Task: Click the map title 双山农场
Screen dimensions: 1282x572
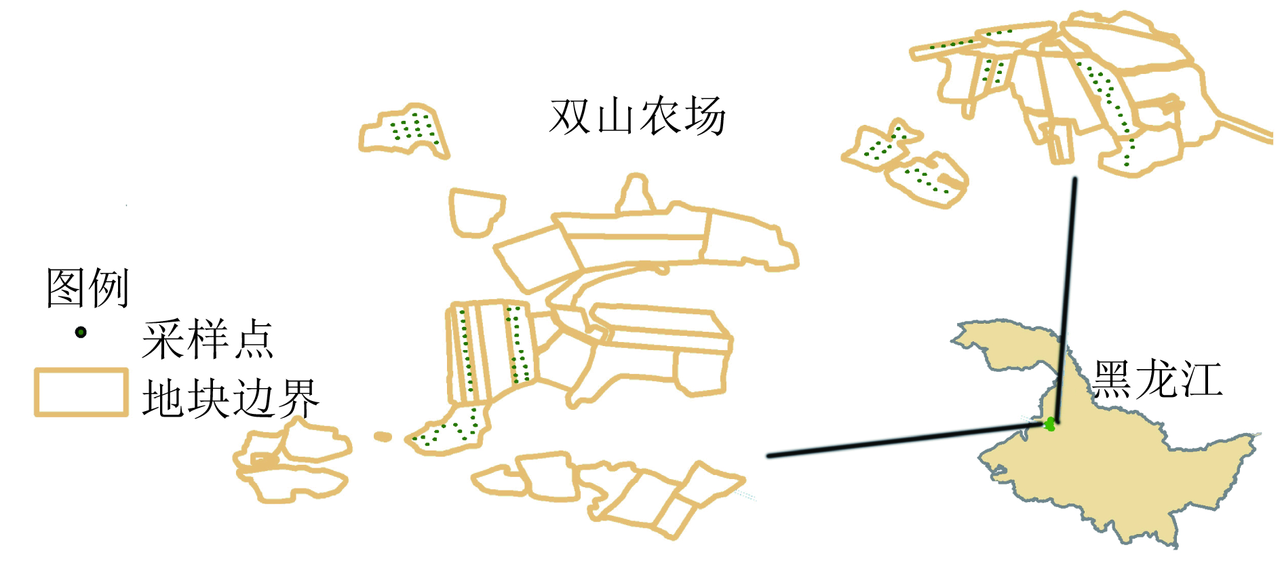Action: (x=638, y=117)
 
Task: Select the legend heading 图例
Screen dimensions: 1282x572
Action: (x=88, y=288)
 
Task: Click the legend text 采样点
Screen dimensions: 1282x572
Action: (x=208, y=339)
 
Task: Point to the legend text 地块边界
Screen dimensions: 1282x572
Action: (x=231, y=398)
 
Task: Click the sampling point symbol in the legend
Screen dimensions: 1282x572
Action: (x=81, y=332)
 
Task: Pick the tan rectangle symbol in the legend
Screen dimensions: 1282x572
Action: (x=81, y=392)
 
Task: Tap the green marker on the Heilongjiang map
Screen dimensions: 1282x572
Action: (x=1050, y=424)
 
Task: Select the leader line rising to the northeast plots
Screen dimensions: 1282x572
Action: (x=1066, y=301)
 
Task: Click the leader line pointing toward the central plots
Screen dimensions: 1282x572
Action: (x=906, y=440)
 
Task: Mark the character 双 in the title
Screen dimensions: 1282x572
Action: (x=570, y=117)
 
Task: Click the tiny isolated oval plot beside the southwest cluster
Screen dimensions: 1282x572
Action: (x=383, y=437)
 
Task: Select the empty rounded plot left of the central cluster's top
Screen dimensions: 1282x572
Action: (x=476, y=212)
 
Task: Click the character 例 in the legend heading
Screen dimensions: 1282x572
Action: (x=109, y=288)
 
